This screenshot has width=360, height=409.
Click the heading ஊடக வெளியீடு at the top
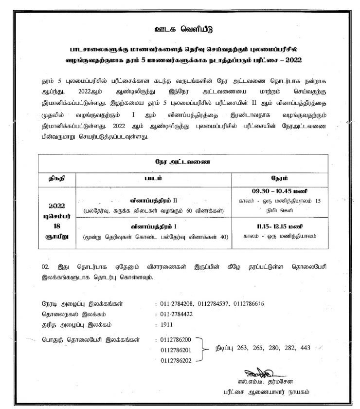click(180, 27)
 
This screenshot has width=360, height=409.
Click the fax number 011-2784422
click(179, 314)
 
